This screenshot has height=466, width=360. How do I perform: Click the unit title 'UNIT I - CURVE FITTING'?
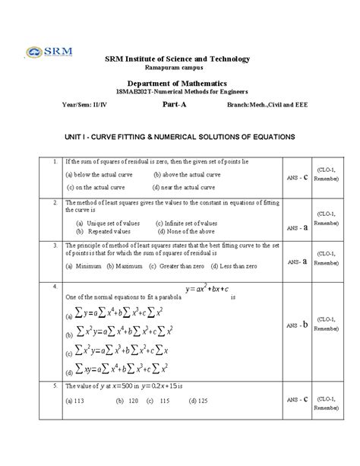click(x=179, y=137)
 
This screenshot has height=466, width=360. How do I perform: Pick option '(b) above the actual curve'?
click(x=186, y=175)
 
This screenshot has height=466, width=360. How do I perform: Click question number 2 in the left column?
click(x=55, y=204)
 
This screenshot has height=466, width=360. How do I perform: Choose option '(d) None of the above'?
click(x=181, y=231)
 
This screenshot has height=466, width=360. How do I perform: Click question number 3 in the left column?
click(x=55, y=246)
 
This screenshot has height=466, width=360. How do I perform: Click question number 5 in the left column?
click(x=55, y=386)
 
